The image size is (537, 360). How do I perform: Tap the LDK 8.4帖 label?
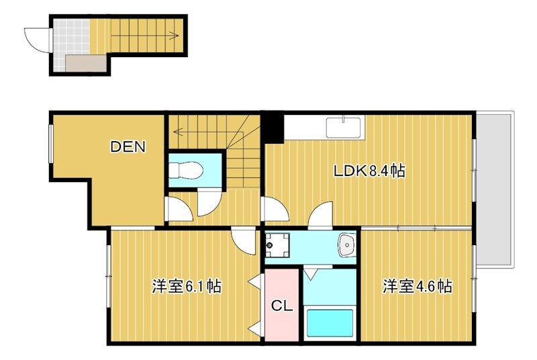click(x=369, y=171)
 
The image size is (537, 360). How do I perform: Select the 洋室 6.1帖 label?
click(x=187, y=287)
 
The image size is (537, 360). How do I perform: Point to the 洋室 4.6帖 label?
click(x=417, y=287)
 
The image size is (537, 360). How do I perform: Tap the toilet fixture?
click(x=185, y=169)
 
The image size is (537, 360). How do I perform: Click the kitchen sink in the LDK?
click(x=344, y=126)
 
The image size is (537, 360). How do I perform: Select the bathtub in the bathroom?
click(x=330, y=322)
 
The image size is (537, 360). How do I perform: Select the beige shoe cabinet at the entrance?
click(x=85, y=64)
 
